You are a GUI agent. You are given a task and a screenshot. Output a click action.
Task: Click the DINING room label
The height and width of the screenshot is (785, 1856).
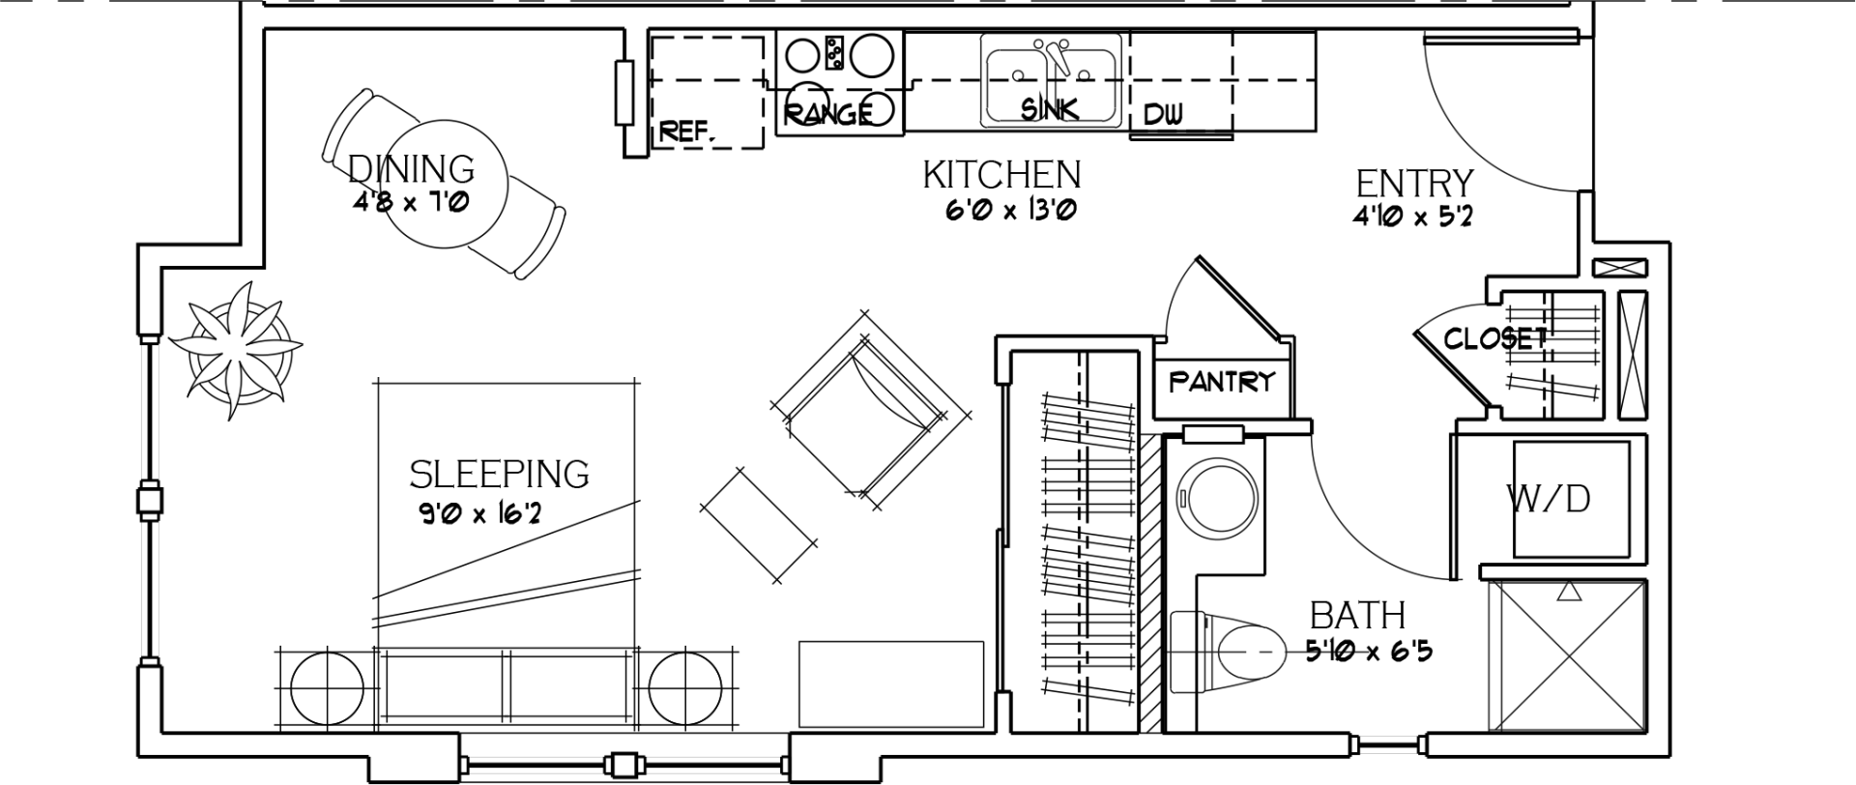tap(412, 169)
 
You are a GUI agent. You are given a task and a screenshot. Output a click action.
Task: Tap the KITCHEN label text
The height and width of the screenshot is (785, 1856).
tap(1001, 175)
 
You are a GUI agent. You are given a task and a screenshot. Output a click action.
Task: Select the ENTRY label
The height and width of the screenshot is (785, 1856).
tap(1414, 184)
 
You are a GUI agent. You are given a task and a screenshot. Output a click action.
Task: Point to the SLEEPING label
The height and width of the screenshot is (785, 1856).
tap(499, 475)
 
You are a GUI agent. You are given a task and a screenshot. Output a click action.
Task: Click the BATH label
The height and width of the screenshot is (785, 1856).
tap(1357, 616)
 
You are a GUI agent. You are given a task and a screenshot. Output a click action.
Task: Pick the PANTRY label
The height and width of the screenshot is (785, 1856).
tap(1222, 382)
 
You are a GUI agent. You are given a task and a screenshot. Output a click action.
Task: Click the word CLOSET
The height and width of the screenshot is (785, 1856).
tap(1494, 338)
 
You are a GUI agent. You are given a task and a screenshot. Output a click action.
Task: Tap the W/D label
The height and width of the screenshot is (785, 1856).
tap(1548, 499)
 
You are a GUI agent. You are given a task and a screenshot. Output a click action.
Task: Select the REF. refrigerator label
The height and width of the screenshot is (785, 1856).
tap(687, 131)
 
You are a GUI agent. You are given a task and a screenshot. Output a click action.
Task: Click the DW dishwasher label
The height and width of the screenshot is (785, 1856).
tap(1163, 115)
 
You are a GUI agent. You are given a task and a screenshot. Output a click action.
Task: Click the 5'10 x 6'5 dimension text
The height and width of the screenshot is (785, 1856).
tap(1368, 653)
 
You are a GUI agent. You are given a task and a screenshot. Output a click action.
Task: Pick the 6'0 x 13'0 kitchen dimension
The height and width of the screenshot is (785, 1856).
tap(1010, 210)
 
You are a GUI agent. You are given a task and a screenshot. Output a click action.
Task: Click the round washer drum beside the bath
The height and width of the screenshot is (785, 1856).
tap(1214, 499)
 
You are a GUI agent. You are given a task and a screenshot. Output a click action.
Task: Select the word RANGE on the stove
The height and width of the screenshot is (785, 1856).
tap(827, 114)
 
